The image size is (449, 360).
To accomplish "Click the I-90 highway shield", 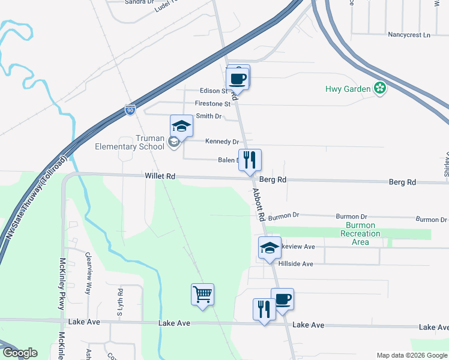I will tap(130, 109).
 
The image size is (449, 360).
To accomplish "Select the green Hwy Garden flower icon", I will tap(379, 89).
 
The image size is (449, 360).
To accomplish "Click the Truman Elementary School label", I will tap(130, 142).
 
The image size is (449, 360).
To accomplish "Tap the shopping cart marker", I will tap(203, 294).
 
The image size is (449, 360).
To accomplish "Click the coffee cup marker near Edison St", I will tap(237, 78).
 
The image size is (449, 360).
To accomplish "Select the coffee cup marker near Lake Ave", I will tap(282, 299).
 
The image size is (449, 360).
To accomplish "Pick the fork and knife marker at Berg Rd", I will tap(250, 160).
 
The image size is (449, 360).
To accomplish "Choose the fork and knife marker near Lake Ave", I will tap(264, 309).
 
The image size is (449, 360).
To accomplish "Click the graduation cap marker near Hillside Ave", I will tap(270, 248).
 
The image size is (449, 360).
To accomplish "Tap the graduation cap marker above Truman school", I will tap(181, 126).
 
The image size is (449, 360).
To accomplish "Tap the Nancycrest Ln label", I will tap(409, 35).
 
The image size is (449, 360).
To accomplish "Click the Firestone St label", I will tap(212, 104).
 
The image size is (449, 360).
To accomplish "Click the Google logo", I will tap(20, 353).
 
